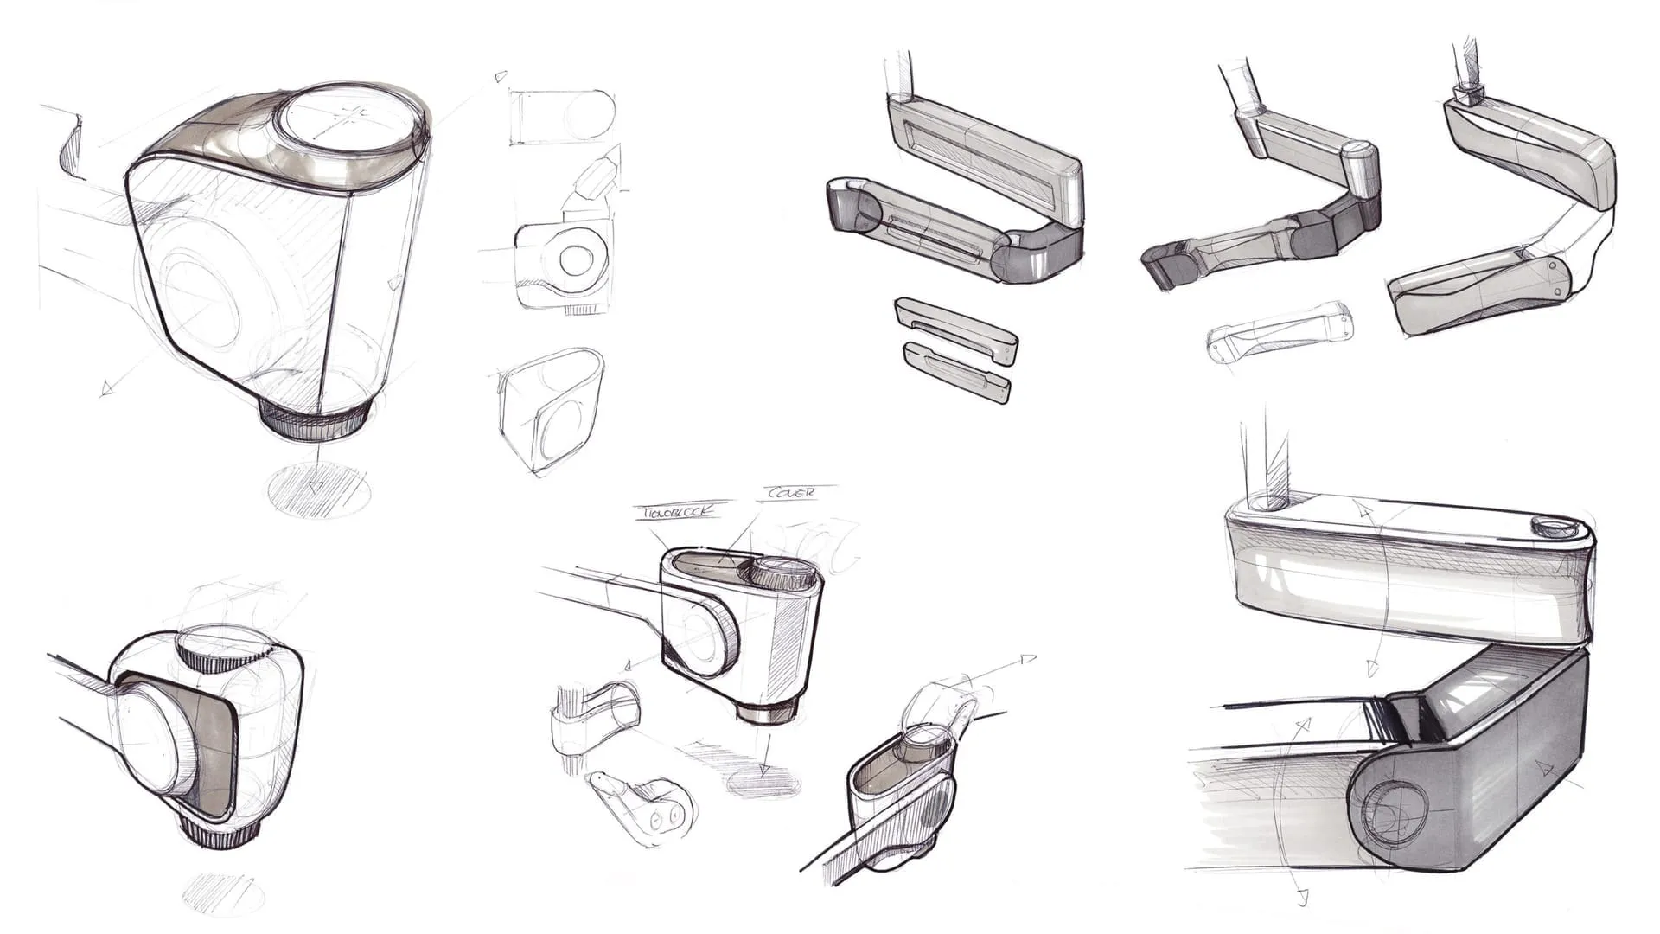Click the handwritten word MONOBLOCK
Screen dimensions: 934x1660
677,511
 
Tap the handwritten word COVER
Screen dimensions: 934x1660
788,492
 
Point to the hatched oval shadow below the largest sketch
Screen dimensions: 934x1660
319,491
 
